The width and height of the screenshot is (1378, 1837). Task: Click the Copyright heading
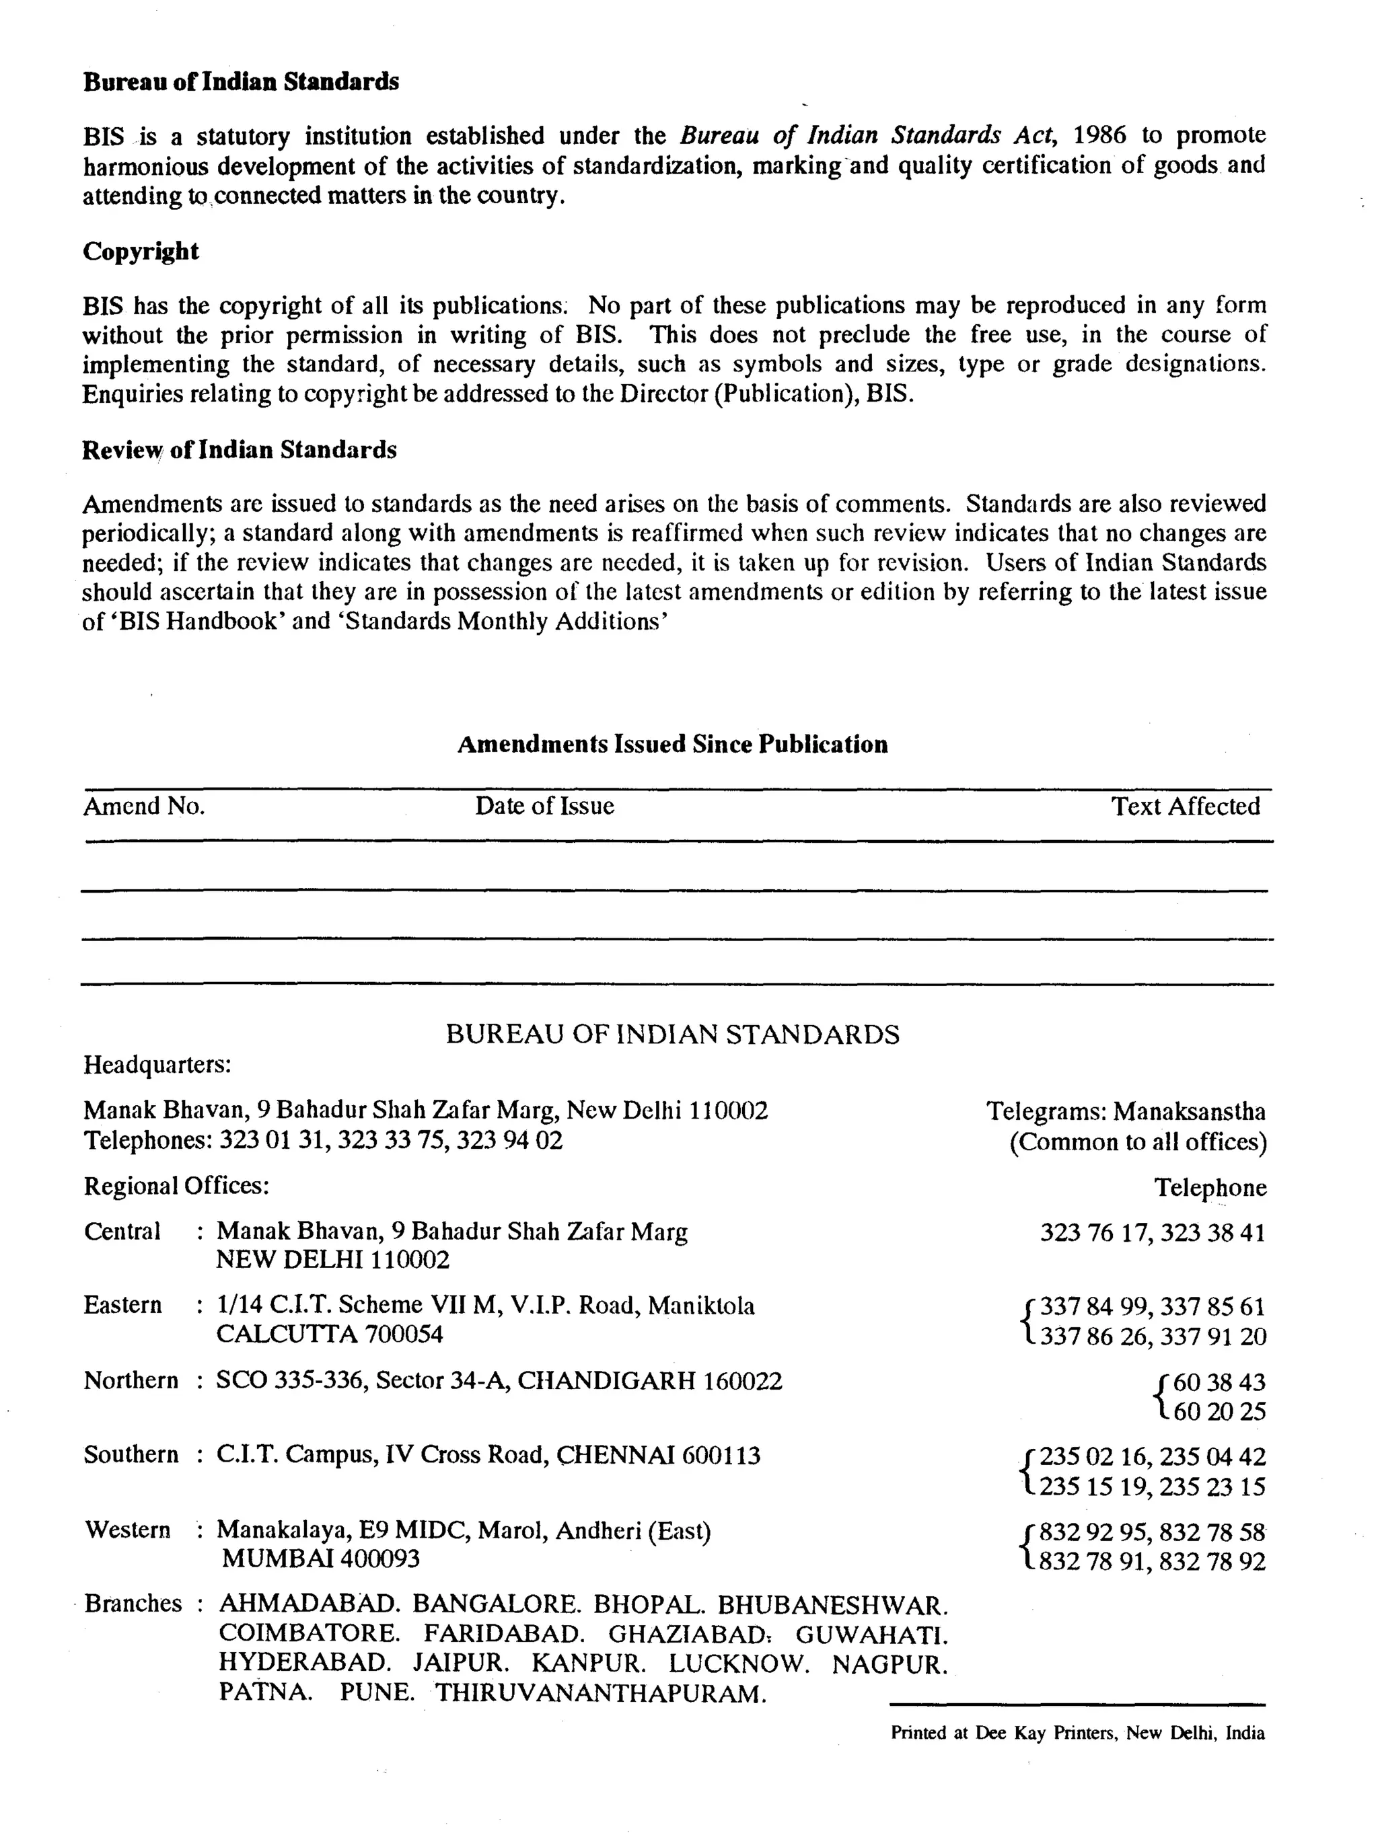[141, 251]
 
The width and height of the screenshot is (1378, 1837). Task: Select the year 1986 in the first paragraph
[1099, 135]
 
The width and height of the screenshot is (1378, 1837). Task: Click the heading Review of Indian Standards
[240, 449]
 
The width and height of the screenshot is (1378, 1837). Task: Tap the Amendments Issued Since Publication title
[672, 743]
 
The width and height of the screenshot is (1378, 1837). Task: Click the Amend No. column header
[144, 806]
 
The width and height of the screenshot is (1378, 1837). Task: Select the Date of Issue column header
[544, 806]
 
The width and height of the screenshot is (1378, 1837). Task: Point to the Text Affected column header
[1186, 806]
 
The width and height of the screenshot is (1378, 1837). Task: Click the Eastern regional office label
[123, 1305]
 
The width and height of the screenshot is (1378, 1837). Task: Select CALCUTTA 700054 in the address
[330, 1335]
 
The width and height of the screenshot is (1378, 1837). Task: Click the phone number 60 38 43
[1219, 1382]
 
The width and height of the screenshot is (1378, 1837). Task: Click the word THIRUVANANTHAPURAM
[601, 1693]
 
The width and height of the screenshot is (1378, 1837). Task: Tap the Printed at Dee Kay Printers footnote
[1077, 1733]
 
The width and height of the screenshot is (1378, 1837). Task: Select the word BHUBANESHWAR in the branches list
[832, 1604]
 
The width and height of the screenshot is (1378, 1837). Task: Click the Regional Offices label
[176, 1185]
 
